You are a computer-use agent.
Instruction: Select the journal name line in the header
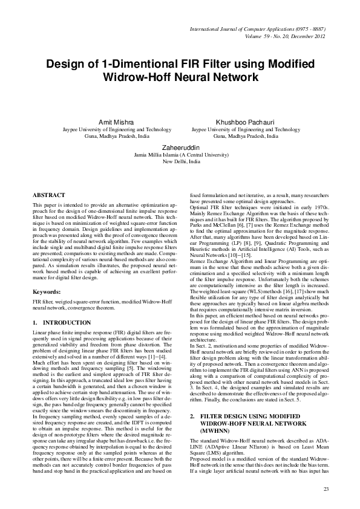pos(263,28)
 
